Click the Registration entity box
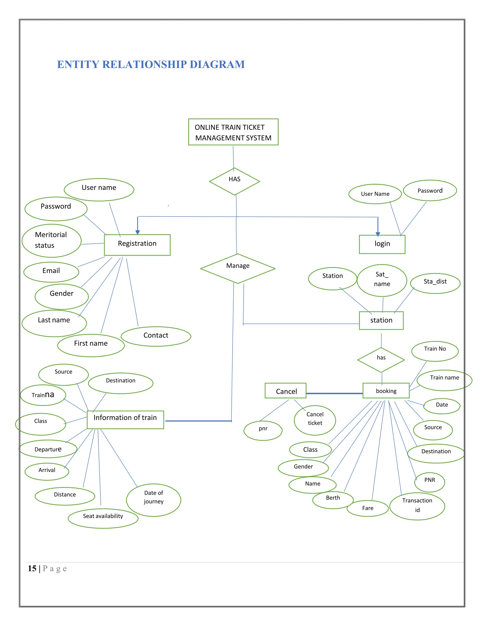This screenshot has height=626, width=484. tap(137, 245)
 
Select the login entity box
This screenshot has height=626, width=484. tap(382, 244)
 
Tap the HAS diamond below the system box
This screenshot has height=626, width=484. tap(234, 181)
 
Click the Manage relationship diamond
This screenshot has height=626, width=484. tap(238, 268)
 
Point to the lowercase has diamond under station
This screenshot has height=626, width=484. tap(381, 360)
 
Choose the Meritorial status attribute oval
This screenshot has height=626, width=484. tap(51, 240)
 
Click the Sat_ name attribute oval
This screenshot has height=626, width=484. tap(382, 280)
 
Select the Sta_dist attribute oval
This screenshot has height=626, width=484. tap(435, 283)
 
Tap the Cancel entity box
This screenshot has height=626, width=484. tap(285, 391)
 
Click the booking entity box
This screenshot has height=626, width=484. tap(386, 391)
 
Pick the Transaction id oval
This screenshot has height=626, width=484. tap(417, 506)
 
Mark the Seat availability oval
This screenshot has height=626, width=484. tap(103, 518)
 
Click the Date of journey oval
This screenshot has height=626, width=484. tap(153, 500)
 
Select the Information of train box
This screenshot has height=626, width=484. tap(125, 420)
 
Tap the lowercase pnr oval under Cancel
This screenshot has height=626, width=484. tap(263, 430)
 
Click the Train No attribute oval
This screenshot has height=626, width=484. tap(435, 351)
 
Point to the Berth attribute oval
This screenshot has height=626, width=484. tap(333, 500)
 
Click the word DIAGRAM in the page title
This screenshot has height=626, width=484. tap(217, 64)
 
